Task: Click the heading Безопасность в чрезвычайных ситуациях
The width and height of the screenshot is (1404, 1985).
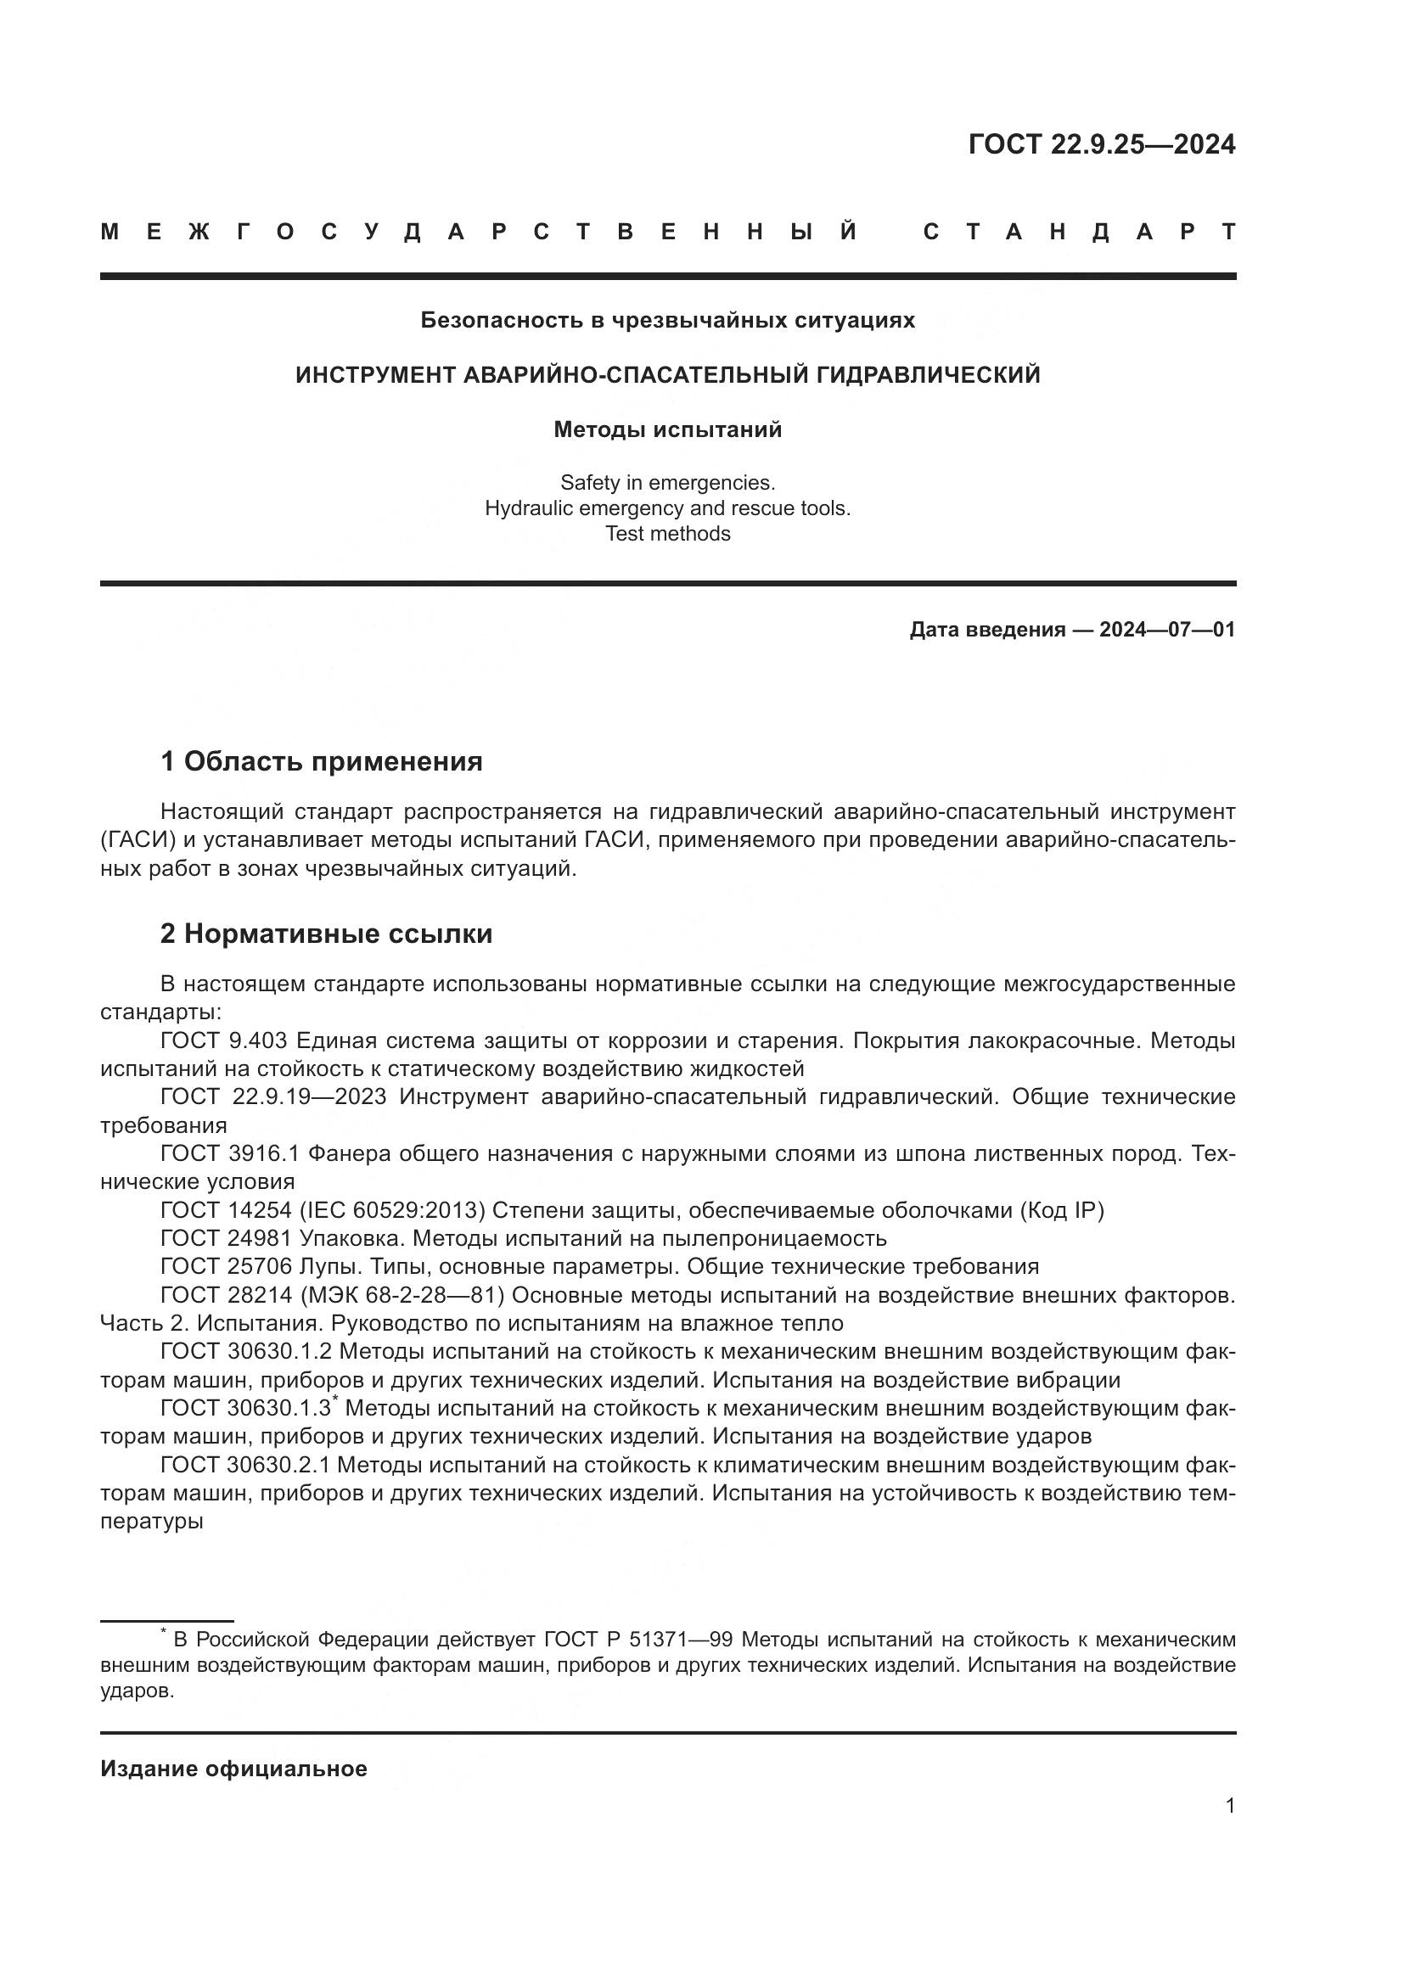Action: tap(667, 320)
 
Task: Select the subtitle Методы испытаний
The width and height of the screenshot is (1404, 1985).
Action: tap(667, 429)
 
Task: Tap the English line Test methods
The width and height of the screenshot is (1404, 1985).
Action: tap(667, 534)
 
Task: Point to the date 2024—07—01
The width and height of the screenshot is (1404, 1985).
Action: tap(1166, 630)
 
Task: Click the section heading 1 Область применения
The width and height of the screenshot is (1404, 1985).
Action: tap(321, 761)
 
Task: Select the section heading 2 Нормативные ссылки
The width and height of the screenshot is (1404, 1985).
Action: tap(326, 934)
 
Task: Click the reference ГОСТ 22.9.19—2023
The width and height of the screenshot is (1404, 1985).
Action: tap(274, 1097)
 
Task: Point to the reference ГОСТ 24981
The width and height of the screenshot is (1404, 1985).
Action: tap(227, 1239)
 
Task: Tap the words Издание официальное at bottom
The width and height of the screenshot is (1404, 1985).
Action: tap(233, 1769)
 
